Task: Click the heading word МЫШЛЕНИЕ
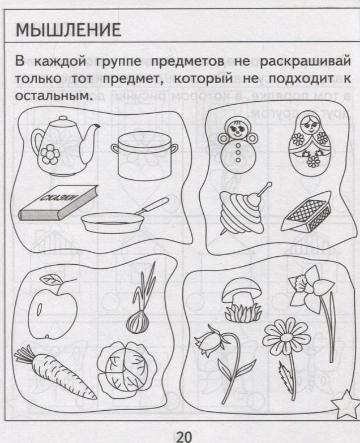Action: point(68,30)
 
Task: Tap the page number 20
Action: point(184,437)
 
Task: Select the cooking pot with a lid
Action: point(145,156)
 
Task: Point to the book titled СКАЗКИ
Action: point(58,203)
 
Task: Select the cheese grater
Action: point(307,212)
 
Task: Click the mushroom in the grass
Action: point(242,299)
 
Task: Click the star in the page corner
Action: point(345,403)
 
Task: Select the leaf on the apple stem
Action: point(52,279)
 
